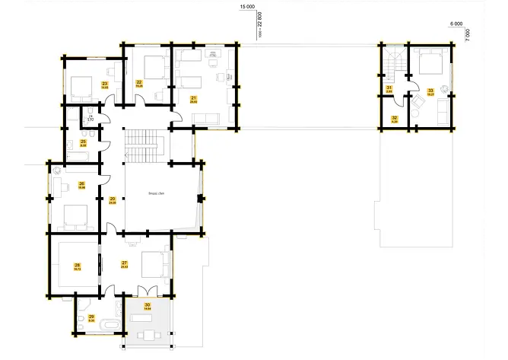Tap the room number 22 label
[139, 82]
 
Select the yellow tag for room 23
[104, 83]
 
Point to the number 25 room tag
[83, 141]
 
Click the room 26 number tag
[81, 183]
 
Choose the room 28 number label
[77, 265]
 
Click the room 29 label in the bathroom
[91, 317]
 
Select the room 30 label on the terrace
[148, 306]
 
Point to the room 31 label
[389, 89]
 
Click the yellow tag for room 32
[394, 118]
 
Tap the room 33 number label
[430, 91]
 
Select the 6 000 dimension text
[457, 24]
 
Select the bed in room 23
[79, 83]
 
